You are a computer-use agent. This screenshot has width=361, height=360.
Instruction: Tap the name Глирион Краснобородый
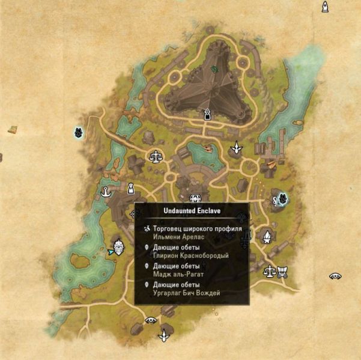191,255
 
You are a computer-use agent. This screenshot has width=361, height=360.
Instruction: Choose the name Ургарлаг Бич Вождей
187,293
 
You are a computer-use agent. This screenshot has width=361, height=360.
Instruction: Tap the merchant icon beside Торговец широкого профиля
147,229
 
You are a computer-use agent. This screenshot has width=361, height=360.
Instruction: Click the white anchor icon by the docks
106,192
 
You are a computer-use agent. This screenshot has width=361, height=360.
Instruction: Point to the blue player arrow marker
110,252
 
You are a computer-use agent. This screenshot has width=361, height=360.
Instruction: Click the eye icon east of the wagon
335,276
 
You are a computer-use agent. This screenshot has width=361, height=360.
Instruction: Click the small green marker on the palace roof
214,69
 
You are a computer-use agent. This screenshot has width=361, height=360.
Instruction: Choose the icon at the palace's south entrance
207,114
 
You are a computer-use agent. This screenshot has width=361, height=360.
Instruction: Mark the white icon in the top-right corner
326,7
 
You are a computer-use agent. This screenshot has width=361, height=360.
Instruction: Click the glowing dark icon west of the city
78,132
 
